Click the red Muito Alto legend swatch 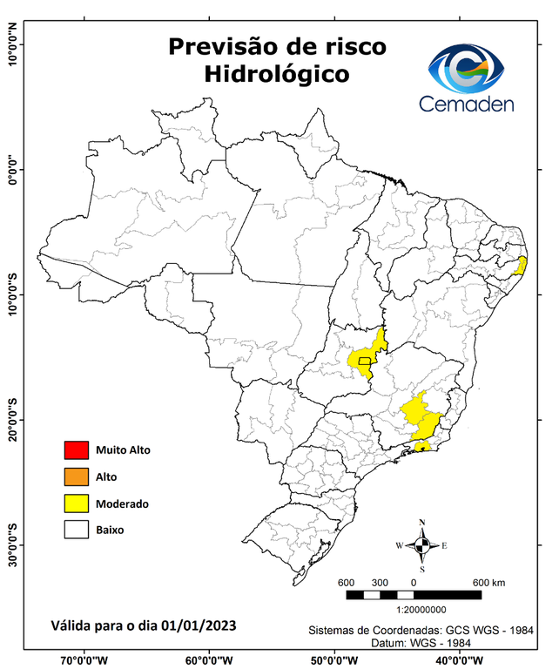[x=77, y=450]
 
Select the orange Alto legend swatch [x=77, y=476]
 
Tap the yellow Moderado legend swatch [x=77, y=503]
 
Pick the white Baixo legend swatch [x=77, y=529]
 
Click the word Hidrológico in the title [x=276, y=75]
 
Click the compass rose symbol [x=421, y=545]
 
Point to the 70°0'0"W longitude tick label [x=84, y=659]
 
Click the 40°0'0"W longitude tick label [x=461, y=659]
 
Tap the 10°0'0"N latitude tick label [x=12, y=45]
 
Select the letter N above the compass [x=422, y=523]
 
